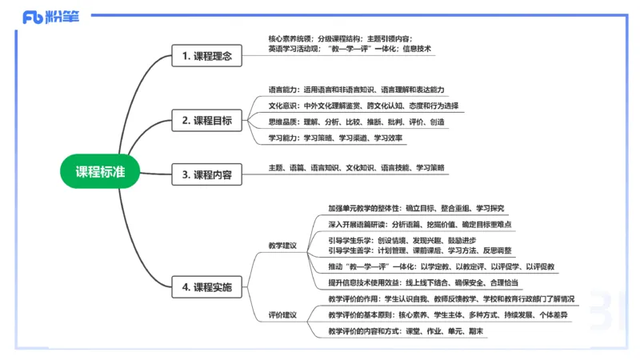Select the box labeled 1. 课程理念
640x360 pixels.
click(206, 56)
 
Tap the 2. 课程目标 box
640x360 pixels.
click(206, 121)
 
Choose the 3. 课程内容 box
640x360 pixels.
click(206, 174)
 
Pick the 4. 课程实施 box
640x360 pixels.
click(206, 286)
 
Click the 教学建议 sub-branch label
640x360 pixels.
click(282, 245)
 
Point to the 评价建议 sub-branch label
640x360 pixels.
click(282, 314)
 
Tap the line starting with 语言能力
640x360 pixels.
click(356, 89)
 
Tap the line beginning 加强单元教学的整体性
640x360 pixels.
click(416, 208)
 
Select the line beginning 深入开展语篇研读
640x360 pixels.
click(420, 224)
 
